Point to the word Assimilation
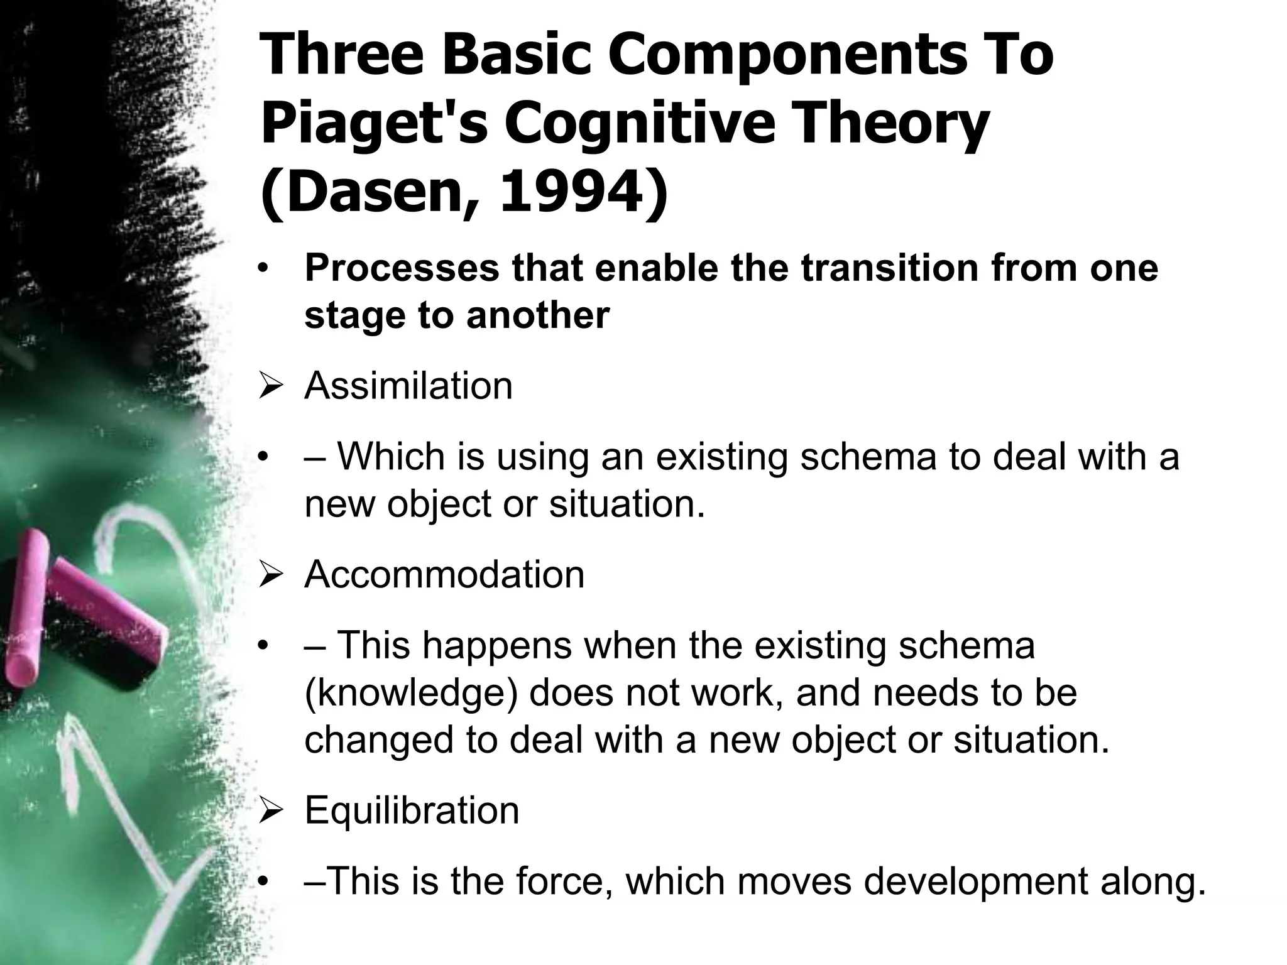point(408,385)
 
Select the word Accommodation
point(444,574)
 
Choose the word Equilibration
point(412,810)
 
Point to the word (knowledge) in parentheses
point(411,692)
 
